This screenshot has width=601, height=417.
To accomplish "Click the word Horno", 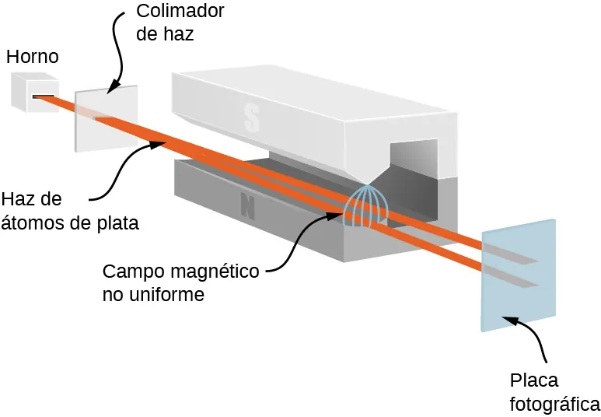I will pyautogui.click(x=32, y=57).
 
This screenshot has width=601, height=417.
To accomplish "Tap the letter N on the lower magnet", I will pyautogui.click(x=248, y=206).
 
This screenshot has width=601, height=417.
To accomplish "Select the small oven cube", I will pyautogui.click(x=33, y=91).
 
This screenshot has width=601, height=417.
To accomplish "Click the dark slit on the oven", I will pyautogui.click(x=44, y=96).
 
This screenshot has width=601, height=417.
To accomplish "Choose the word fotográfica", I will pyautogui.click(x=554, y=405).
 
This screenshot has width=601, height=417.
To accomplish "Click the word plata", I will pyautogui.click(x=117, y=223).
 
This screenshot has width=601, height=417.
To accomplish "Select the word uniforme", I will pyautogui.click(x=168, y=296).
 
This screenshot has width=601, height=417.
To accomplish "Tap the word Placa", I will pyautogui.click(x=534, y=380).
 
